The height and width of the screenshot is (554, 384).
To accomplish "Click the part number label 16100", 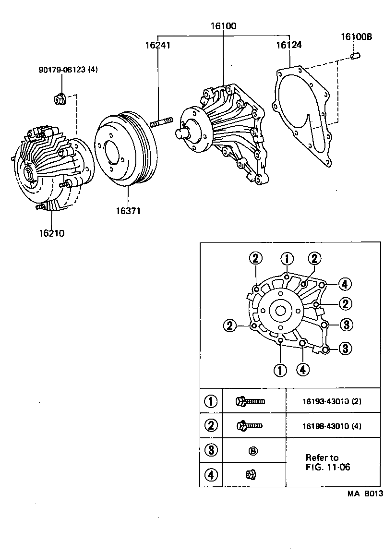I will pyautogui.click(x=223, y=26).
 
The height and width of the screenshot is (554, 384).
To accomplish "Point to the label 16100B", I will pyautogui.click(x=357, y=36).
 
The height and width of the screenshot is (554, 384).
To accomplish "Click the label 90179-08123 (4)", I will pyautogui.click(x=68, y=70).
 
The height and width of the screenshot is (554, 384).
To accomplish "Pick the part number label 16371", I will pyautogui.click(x=128, y=211).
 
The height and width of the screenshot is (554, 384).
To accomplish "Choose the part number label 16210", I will pyautogui.click(x=51, y=234).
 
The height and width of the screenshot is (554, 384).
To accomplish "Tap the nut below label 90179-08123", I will pyautogui.click(x=60, y=99).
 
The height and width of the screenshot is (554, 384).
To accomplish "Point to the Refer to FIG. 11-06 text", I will pyautogui.click(x=327, y=462).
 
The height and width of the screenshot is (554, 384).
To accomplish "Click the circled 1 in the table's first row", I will pyautogui.click(x=211, y=401).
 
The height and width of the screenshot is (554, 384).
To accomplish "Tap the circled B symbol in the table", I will pyautogui.click(x=253, y=450).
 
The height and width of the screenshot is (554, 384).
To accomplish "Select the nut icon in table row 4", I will pyautogui.click(x=251, y=475).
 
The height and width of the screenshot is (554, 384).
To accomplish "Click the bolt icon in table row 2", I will pyautogui.click(x=249, y=425).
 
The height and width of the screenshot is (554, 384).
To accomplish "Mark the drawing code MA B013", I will pyautogui.click(x=365, y=493).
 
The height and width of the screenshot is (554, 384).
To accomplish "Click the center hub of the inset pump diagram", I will pyautogui.click(x=279, y=311).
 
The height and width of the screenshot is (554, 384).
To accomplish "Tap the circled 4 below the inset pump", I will pyautogui.click(x=302, y=369).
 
